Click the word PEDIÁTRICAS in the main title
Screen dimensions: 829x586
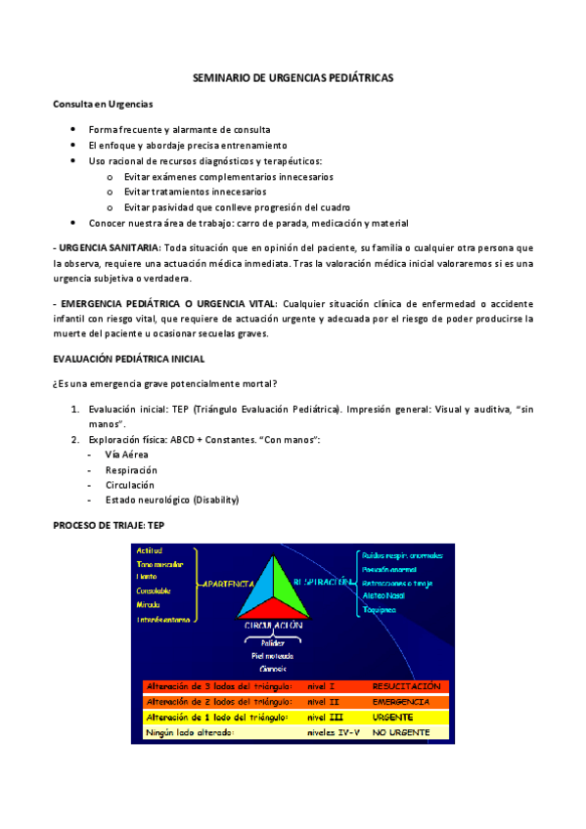(356, 77)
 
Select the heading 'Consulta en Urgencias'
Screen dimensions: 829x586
(103, 104)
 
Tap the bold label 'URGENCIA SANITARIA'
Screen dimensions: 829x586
(107, 248)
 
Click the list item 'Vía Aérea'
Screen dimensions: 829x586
(127, 455)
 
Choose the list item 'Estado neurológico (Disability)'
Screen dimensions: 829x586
(172, 500)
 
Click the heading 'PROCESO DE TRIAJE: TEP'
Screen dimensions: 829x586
(115, 526)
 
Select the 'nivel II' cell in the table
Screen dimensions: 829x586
(321, 702)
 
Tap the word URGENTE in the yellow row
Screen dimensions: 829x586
(393, 717)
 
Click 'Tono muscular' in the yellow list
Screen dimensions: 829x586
(159, 564)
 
